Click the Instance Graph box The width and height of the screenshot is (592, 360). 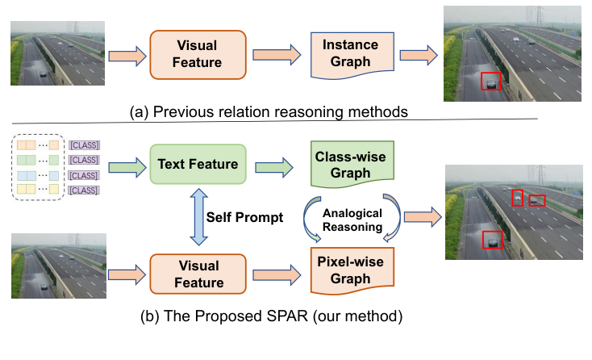pyautogui.click(x=352, y=55)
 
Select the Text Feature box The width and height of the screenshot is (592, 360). pyautogui.click(x=198, y=164)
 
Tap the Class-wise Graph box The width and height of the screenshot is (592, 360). pyautogui.click(x=352, y=164)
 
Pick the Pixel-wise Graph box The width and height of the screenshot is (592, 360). pyautogui.click(x=352, y=270)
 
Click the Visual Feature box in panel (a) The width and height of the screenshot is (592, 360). pyautogui.click(x=198, y=55)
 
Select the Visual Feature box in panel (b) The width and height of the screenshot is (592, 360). pyautogui.click(x=198, y=274)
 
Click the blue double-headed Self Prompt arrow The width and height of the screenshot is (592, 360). pyautogui.click(x=198, y=217)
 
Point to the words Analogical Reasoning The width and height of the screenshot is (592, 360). pyautogui.click(x=352, y=220)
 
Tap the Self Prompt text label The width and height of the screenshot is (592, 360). pyautogui.click(x=244, y=217)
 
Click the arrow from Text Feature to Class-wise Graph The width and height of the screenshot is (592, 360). pyautogui.click(x=273, y=167)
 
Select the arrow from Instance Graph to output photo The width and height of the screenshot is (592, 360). pyautogui.click(x=419, y=55)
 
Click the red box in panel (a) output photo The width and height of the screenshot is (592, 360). pyautogui.click(x=491, y=82)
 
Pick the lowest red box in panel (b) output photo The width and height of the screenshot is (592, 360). pyautogui.click(x=492, y=240)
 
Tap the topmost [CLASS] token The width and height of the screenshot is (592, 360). pyautogui.click(x=84, y=145)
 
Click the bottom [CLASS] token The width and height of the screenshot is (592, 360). pyautogui.click(x=84, y=190)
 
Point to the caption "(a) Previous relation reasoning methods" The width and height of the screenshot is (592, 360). pyautogui.click(x=269, y=112)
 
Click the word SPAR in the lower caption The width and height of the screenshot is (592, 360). pyautogui.click(x=286, y=316)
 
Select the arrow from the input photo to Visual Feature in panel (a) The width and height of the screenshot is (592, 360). pyautogui.click(x=127, y=57)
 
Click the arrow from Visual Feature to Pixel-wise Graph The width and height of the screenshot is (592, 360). pyautogui.click(x=277, y=275)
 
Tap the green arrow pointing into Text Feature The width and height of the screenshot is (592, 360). pyautogui.click(x=127, y=167)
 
